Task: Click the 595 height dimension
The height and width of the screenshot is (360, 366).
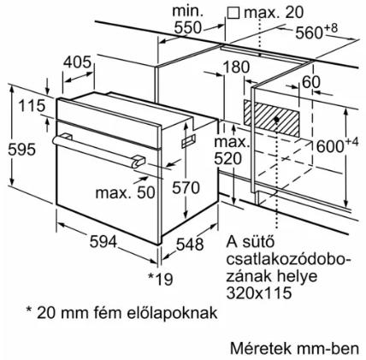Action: click(22, 150)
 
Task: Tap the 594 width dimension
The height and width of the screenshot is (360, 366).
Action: click(103, 242)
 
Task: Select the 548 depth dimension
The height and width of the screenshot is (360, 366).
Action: click(190, 245)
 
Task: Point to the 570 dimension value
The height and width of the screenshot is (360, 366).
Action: click(186, 188)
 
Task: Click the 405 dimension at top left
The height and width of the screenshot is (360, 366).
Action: click(77, 62)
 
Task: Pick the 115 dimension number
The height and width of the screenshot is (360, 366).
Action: click(32, 106)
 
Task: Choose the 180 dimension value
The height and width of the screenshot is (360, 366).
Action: click(236, 68)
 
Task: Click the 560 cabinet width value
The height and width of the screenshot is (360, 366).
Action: click(309, 32)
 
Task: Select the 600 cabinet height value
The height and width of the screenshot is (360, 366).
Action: click(330, 146)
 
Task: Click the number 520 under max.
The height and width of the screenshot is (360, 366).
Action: click(227, 159)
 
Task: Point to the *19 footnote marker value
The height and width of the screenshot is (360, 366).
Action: click(161, 279)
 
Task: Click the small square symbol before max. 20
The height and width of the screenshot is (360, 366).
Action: click(233, 13)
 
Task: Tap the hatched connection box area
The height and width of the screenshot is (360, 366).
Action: click(271, 118)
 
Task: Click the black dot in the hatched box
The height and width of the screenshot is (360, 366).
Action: click(276, 120)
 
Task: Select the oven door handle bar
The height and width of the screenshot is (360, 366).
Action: click(99, 150)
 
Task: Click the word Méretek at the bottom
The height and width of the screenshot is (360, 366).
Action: click(260, 349)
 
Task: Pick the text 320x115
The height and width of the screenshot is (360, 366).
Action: click(259, 292)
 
